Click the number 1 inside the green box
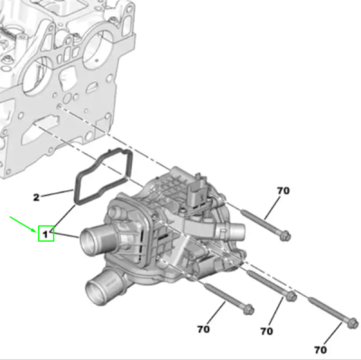45,235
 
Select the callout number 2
36,198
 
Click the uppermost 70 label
283,190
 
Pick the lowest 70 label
320,350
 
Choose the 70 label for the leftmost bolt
203,329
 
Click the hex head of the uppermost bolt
284,235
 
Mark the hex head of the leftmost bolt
248,309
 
